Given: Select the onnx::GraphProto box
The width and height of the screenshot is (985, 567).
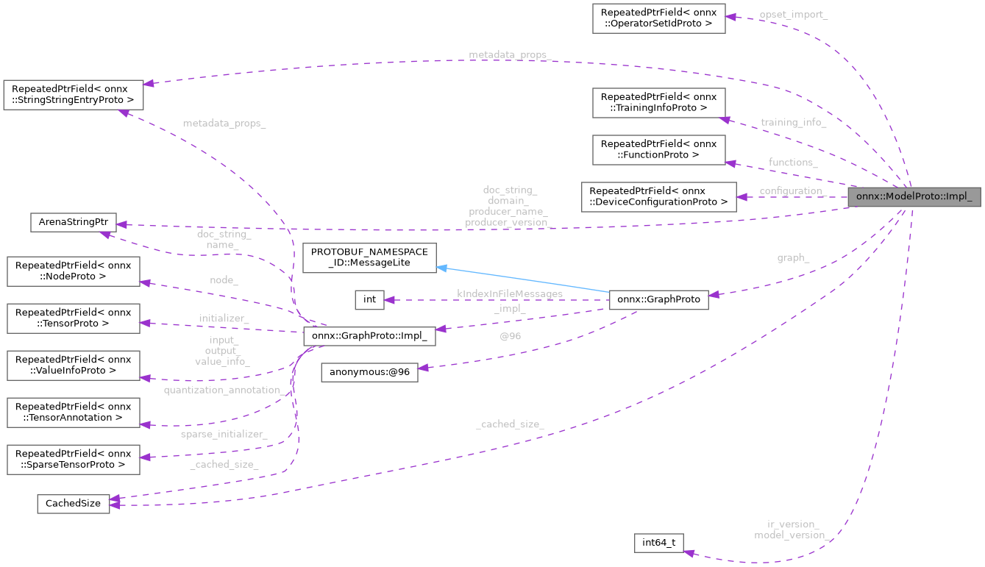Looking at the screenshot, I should (x=658, y=299).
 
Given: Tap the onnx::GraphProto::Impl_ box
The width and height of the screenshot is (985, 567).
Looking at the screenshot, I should (x=369, y=336).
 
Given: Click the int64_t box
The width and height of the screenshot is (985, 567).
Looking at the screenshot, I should (x=658, y=543).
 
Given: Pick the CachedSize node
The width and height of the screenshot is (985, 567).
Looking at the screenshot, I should (x=73, y=503).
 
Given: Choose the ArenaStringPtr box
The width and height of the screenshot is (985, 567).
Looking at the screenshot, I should (x=73, y=222).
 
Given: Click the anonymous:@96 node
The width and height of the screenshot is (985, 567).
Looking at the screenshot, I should (x=369, y=372).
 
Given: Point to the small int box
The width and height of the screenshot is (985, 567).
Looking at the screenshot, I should (x=369, y=299).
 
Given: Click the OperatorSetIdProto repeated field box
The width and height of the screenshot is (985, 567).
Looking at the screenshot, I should (x=658, y=18).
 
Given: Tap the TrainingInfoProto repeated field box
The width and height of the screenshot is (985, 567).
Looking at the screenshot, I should (x=658, y=102).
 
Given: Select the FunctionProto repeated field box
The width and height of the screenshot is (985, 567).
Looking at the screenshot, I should (x=658, y=149).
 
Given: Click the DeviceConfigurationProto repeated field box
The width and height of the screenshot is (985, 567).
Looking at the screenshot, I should (x=658, y=196).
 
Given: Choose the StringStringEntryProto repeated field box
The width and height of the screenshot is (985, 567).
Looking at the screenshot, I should (x=73, y=93).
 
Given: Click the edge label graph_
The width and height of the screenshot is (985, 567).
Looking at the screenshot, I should (x=793, y=258).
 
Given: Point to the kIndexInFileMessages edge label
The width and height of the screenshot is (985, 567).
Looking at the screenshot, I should (x=510, y=293).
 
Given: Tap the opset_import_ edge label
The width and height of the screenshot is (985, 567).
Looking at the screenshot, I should (x=794, y=15).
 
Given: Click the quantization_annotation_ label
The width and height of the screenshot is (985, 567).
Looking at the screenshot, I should (x=224, y=390).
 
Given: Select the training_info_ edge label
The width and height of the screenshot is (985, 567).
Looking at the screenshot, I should (x=793, y=122).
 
